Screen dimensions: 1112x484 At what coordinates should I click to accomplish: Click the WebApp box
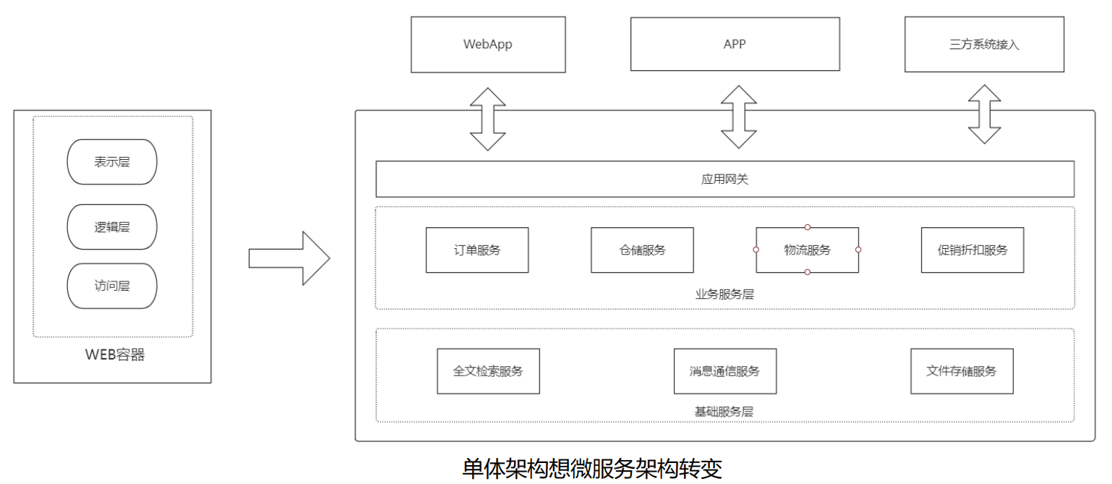(488, 45)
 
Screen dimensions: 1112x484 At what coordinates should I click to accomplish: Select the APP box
(735, 44)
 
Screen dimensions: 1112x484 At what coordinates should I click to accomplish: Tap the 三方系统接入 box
(984, 44)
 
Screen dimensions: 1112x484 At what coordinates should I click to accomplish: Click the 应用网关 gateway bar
(724, 179)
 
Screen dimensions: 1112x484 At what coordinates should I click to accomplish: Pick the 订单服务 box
(477, 250)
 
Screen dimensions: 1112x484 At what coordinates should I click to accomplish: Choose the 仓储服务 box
(642, 250)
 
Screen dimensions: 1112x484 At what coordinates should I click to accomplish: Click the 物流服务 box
(807, 250)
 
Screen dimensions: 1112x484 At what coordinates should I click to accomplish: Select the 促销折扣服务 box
(972, 250)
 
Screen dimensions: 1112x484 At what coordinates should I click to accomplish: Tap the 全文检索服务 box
(488, 371)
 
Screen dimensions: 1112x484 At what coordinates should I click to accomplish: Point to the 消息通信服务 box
(724, 371)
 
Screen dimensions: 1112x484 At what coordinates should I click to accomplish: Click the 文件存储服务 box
(962, 371)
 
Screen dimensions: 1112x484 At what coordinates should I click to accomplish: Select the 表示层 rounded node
(112, 162)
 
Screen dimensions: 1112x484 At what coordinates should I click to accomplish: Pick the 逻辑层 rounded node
(112, 227)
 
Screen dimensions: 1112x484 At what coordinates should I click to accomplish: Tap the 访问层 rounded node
(112, 286)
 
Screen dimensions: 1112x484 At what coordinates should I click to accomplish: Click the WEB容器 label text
(115, 354)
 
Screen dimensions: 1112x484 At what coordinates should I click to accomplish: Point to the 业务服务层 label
(724, 294)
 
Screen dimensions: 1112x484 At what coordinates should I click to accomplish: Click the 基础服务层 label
(724, 412)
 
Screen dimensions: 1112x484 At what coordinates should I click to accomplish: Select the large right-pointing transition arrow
(289, 258)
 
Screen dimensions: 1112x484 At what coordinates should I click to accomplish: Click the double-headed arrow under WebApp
(488, 119)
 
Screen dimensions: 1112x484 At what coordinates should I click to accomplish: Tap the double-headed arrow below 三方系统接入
(985, 114)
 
